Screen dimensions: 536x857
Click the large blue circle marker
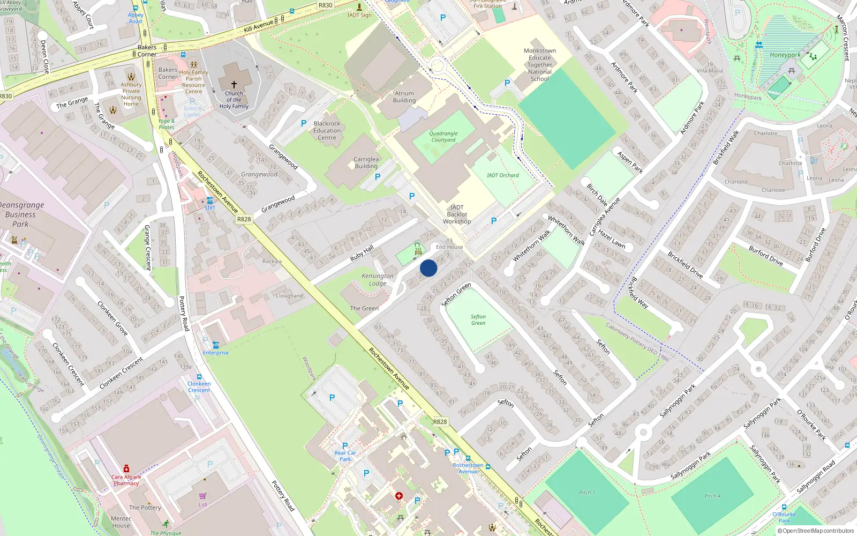tap(428, 268)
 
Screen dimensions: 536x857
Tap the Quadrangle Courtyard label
tap(443, 137)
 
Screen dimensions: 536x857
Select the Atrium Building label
tap(404, 97)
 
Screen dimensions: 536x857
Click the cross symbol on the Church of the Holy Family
tap(234, 85)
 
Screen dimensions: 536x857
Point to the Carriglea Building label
tap(366, 162)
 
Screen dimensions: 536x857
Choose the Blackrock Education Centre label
tap(327, 130)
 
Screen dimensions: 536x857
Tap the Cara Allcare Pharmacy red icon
tap(126, 468)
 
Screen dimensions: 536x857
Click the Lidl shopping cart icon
tap(202, 496)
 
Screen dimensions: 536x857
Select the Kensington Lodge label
tap(378, 279)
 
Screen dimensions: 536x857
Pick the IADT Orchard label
tap(503, 175)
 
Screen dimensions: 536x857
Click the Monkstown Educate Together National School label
tap(540, 65)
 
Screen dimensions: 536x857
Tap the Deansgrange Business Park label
tap(21, 214)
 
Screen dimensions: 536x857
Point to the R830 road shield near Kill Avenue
tap(325, 5)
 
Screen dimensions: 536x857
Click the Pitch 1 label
tap(587, 493)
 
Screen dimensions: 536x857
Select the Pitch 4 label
tap(712, 496)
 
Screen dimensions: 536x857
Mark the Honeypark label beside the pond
tap(785, 55)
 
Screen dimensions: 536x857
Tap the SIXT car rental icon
tap(209, 201)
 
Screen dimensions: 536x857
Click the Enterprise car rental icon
tap(215, 345)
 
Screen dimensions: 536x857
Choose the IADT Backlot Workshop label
tap(457, 214)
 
